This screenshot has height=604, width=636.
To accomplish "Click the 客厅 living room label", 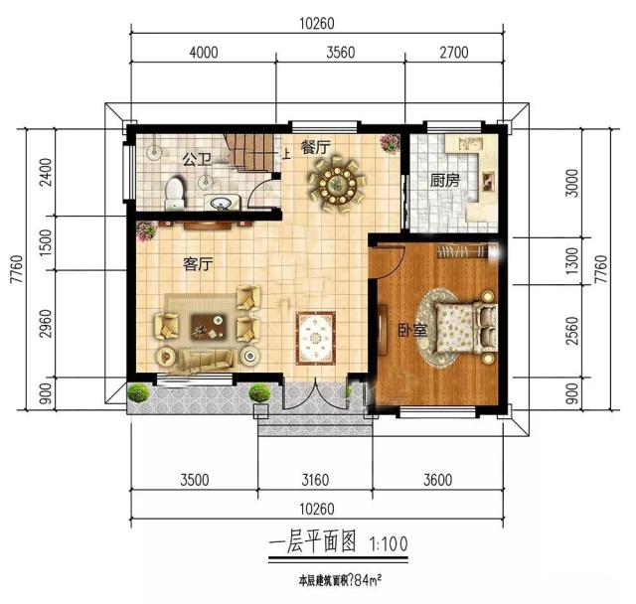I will pyautogui.click(x=200, y=264).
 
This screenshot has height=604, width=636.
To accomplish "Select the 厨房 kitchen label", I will pyautogui.click(x=444, y=181).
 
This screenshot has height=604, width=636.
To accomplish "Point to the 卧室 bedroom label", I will pyautogui.click(x=412, y=330).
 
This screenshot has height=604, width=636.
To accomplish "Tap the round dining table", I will pyautogui.click(x=339, y=182).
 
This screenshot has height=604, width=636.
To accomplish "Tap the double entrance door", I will pyautogui.click(x=316, y=398).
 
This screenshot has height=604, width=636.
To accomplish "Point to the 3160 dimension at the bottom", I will pyautogui.click(x=314, y=481).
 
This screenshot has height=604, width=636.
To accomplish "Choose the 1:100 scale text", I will pyautogui.click(x=388, y=544).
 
